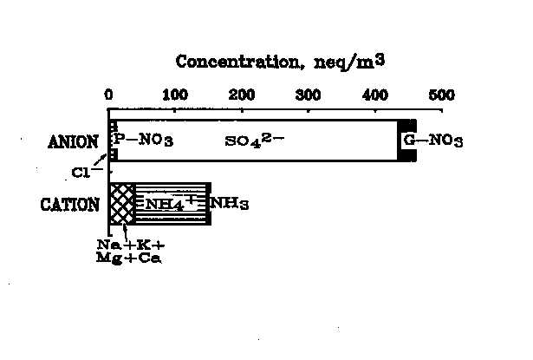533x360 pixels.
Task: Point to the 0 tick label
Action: click(108, 94)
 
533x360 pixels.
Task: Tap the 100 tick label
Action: click(175, 94)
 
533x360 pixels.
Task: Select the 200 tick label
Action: click(242, 94)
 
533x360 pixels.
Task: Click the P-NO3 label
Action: click(140, 141)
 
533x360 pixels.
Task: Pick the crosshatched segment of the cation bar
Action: click(122, 205)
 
